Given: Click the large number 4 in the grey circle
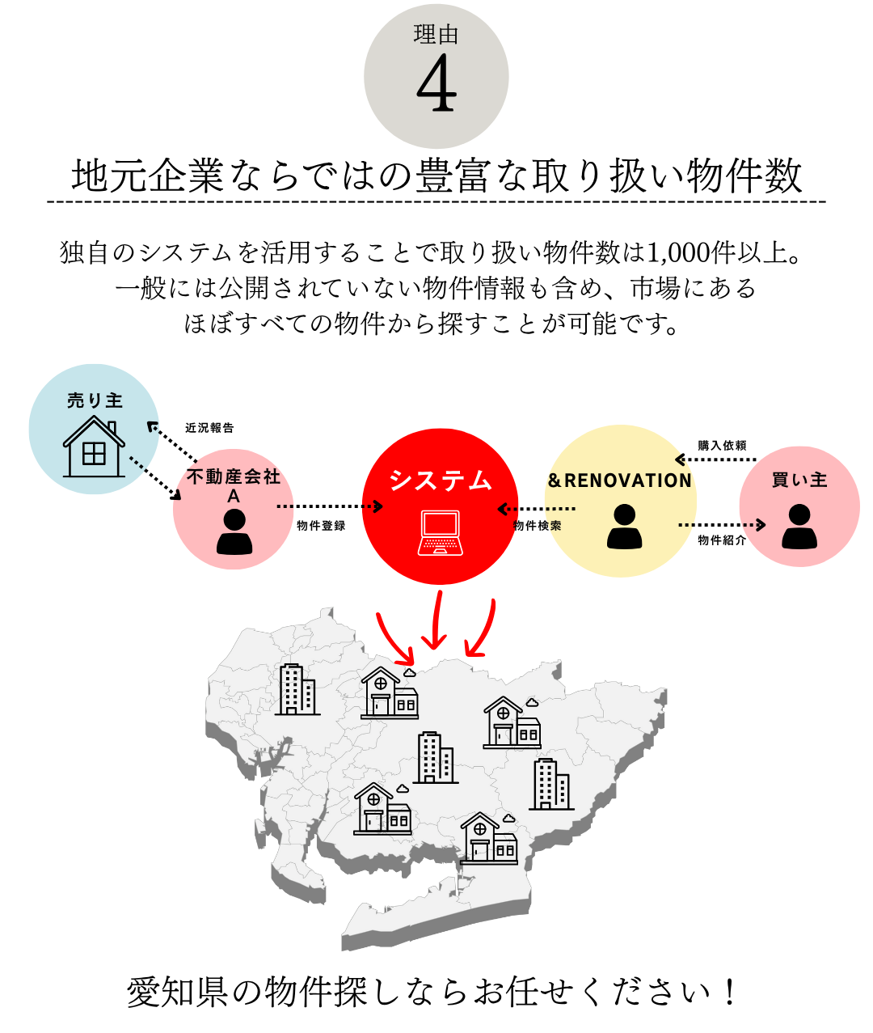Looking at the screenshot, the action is [x=436, y=86].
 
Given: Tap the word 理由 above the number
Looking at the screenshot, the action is [x=436, y=35].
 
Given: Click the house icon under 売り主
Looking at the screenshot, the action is [x=94, y=449].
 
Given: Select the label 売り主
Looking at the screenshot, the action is [x=95, y=400].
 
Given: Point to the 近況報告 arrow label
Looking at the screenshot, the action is [x=209, y=428].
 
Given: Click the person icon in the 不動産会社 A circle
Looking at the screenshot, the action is [x=234, y=531].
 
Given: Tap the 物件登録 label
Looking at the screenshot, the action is [x=321, y=526].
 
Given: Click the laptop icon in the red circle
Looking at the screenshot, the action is [x=441, y=533].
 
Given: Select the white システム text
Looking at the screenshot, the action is [x=441, y=481].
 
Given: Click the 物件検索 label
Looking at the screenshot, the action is [x=538, y=526].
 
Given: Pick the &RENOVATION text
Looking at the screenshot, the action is [x=619, y=481].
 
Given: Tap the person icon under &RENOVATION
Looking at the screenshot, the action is [x=624, y=527].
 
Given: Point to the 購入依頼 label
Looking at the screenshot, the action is [x=722, y=446].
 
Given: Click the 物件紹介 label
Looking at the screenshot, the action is [x=722, y=540].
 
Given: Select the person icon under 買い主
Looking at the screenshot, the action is [x=799, y=527].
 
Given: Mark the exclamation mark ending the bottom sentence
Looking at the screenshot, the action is [x=730, y=993].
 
